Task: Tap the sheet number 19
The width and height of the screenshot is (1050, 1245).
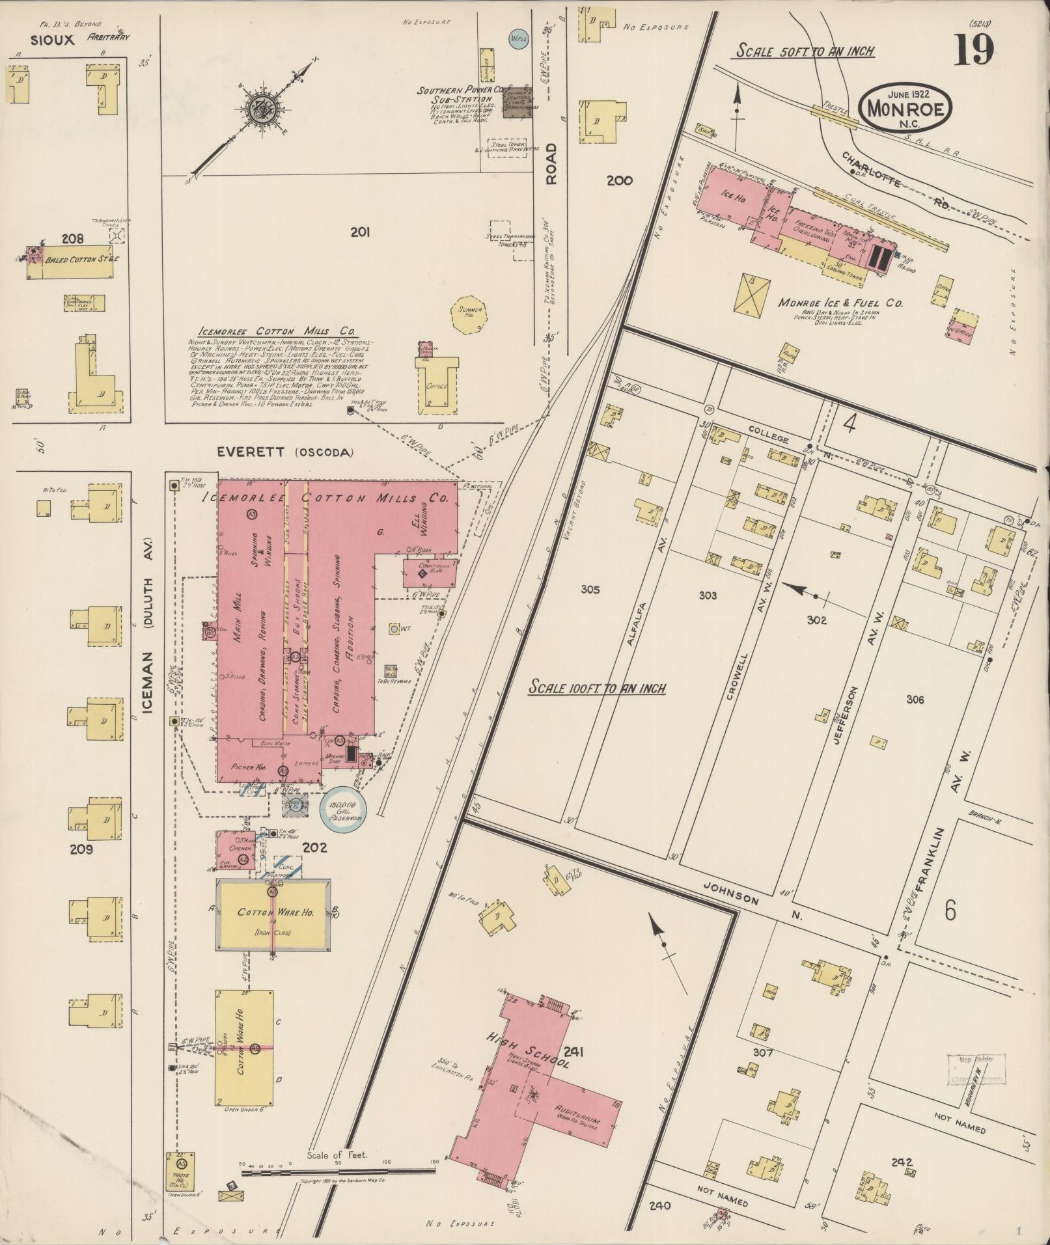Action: [x=974, y=51]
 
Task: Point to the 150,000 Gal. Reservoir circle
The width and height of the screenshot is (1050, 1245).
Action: [x=343, y=810]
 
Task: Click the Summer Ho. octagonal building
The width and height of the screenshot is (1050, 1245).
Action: [x=469, y=314]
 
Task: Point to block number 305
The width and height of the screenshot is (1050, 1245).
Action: [x=590, y=590]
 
